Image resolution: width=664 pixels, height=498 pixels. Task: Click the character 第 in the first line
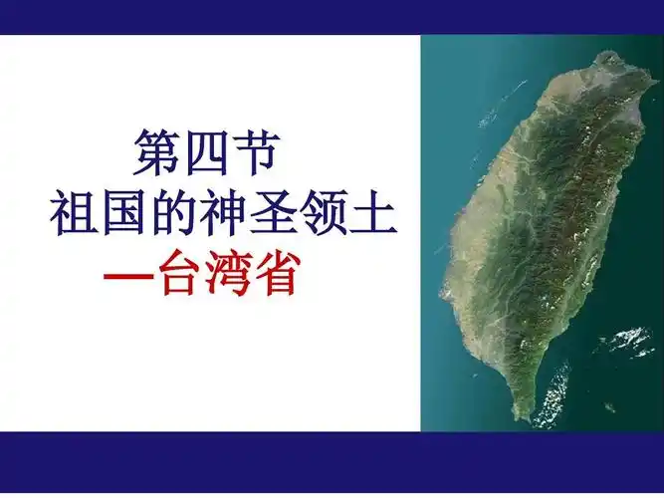(x=158, y=153)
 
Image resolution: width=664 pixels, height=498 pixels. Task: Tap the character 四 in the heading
(x=211, y=153)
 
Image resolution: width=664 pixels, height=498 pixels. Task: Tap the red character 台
(x=181, y=274)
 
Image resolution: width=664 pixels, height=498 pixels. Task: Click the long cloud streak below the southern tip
(x=551, y=393)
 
